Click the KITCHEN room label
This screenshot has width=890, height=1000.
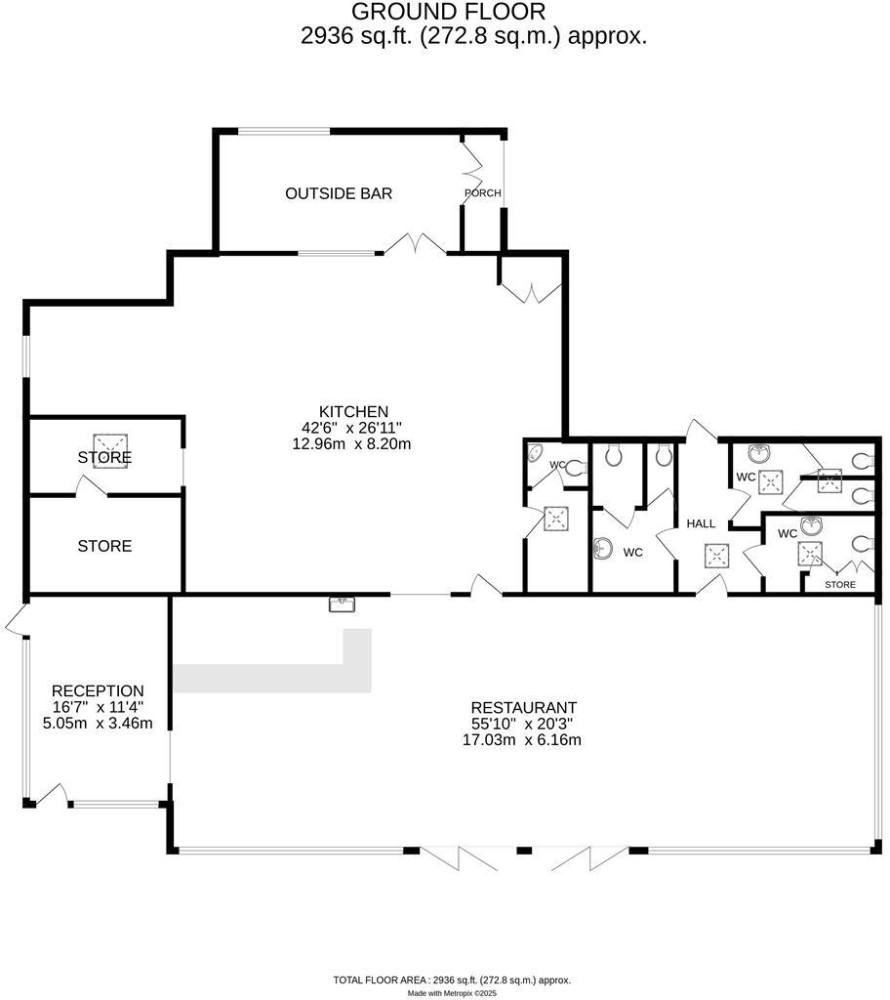coord(353,411)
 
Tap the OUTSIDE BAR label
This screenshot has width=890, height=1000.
coord(339,193)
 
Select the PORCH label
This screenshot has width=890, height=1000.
coord(482,193)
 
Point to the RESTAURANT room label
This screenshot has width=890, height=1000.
coord(523,707)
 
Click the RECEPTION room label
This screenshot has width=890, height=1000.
coord(98,690)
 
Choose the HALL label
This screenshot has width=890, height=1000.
coord(701,523)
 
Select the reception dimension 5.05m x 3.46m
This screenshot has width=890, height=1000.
coord(98,723)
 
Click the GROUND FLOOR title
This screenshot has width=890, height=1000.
coord(448,12)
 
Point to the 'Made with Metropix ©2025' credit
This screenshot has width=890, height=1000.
coord(452,993)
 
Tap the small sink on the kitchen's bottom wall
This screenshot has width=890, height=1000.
coord(342,604)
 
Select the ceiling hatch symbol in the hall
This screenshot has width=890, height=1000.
coord(716,555)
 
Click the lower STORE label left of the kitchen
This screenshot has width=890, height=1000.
coord(104,546)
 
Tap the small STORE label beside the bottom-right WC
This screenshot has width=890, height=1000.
coord(839,585)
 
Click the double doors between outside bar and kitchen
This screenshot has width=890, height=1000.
coord(415,244)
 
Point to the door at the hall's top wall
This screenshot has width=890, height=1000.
coord(702,431)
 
